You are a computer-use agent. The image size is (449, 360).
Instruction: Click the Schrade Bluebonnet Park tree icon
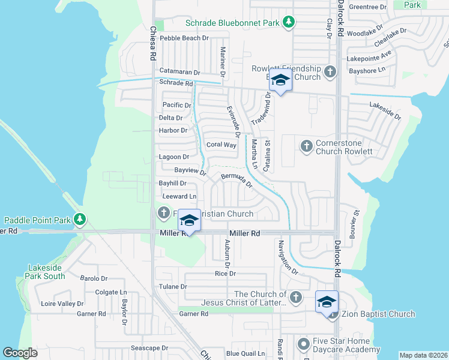pyautogui.click(x=289, y=22)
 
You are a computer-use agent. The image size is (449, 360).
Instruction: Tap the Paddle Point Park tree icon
pyautogui.click(x=79, y=220)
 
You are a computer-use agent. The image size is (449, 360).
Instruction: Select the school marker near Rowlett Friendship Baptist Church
pyautogui.click(x=280, y=80)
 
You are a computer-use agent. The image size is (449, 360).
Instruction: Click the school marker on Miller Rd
pyautogui.click(x=189, y=221)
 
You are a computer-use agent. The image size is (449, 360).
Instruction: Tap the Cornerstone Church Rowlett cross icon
pyautogui.click(x=306, y=146)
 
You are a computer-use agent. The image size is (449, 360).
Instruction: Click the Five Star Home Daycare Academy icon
pyautogui.click(x=304, y=345)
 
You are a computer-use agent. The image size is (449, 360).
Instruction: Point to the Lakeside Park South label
pyautogui.click(x=45, y=272)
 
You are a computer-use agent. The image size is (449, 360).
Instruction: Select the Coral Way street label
pyautogui.click(x=221, y=145)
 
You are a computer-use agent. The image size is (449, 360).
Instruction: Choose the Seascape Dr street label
pyautogui.click(x=149, y=348)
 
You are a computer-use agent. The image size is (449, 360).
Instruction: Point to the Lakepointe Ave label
pyautogui.click(x=369, y=59)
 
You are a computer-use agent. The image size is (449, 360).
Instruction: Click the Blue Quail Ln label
pyautogui.click(x=245, y=353)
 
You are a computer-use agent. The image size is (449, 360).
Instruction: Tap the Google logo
pyautogui.click(x=20, y=353)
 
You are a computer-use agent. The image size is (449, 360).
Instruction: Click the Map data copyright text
pyautogui.click(x=423, y=355)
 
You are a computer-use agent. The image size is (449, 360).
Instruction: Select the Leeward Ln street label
pyautogui.click(x=179, y=196)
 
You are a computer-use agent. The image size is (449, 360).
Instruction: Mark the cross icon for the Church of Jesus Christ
pyautogui.click(x=295, y=298)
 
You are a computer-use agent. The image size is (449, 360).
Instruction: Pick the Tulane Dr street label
pyautogui.click(x=173, y=287)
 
